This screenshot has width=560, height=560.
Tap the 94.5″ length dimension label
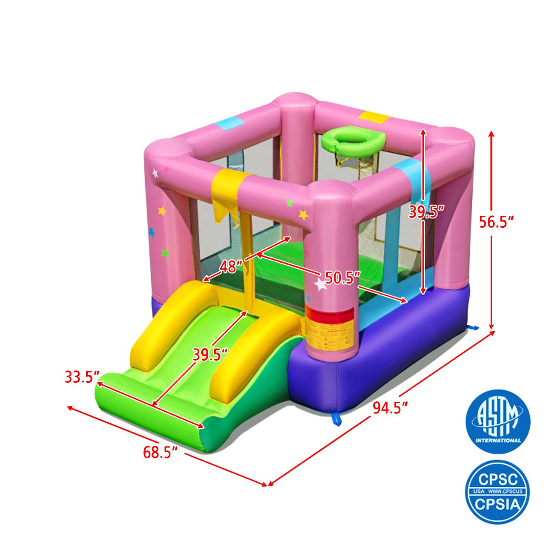[x=390, y=408]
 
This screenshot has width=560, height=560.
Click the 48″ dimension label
[x=231, y=267]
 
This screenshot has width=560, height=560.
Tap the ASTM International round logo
[x=498, y=421]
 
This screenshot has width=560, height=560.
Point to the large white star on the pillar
[x=320, y=285]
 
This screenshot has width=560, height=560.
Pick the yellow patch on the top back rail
[x=374, y=117]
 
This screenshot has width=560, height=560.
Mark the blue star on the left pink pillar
[x=152, y=232]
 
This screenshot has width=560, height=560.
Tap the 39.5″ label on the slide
[x=210, y=354]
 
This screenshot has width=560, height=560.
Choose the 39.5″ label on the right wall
[x=426, y=212]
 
